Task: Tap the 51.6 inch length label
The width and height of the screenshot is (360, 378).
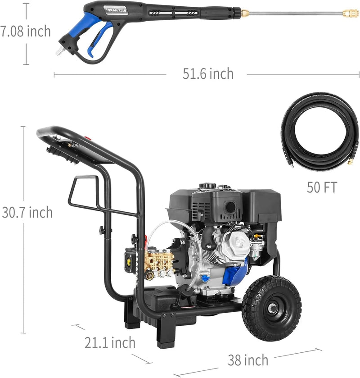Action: [208, 74]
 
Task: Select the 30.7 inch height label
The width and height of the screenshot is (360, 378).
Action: [27, 212]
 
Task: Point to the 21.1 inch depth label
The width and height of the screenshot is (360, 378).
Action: [110, 342]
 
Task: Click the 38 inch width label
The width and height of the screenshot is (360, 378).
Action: [248, 360]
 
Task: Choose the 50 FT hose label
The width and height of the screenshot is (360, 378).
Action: [321, 187]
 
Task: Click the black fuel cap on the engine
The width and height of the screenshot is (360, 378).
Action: [208, 186]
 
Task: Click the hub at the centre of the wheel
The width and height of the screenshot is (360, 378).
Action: [272, 309]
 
